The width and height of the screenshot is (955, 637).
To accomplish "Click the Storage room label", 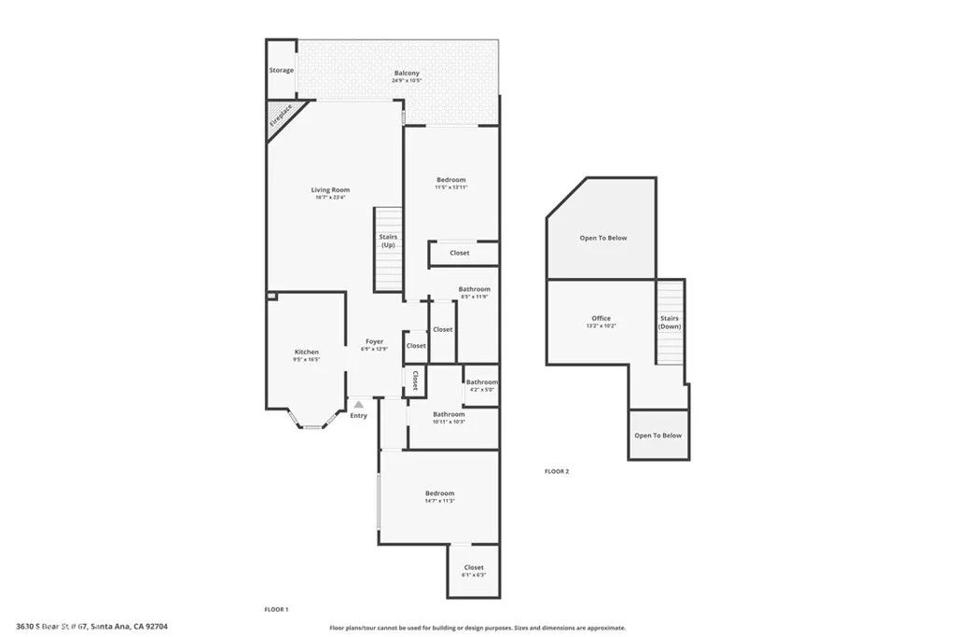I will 282,70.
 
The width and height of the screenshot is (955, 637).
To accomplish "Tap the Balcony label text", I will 406,73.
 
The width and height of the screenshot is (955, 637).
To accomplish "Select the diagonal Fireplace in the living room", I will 280,116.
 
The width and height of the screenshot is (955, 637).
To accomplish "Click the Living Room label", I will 330,189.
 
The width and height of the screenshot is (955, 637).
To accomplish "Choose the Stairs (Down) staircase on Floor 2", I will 670,323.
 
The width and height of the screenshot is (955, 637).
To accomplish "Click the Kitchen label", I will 307,352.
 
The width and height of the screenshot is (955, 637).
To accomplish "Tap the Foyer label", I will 374,341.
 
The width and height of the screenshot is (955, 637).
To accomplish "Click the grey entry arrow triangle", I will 358,405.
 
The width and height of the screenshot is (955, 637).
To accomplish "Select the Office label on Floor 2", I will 601,318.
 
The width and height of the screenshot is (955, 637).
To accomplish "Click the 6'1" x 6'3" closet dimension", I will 474,575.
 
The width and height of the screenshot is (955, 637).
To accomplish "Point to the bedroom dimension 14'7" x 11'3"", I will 439,501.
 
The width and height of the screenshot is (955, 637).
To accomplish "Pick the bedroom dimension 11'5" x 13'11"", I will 450,187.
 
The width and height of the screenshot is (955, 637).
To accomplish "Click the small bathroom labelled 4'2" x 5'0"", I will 482,385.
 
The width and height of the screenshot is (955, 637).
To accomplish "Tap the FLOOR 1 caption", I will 276,609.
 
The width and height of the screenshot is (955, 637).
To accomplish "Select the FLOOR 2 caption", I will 556,471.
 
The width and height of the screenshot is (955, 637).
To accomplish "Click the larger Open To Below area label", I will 603,238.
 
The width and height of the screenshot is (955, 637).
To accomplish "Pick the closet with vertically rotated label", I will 415,380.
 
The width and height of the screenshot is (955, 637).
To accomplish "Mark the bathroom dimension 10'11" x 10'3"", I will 449,422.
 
